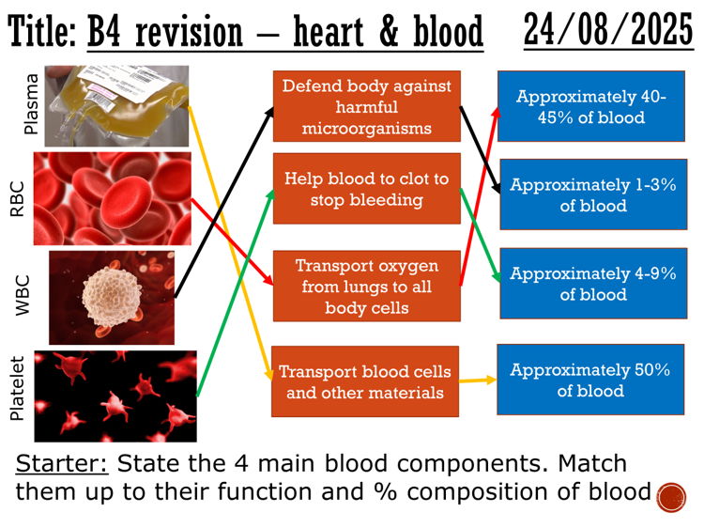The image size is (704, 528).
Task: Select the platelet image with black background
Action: [x=115, y=396]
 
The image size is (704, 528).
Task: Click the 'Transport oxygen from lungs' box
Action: [x=367, y=286]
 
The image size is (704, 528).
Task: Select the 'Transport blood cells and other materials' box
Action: [x=365, y=380]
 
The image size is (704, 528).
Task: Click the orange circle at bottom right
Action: [x=671, y=496]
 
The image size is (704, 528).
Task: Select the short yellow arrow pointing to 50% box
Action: [x=478, y=381]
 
